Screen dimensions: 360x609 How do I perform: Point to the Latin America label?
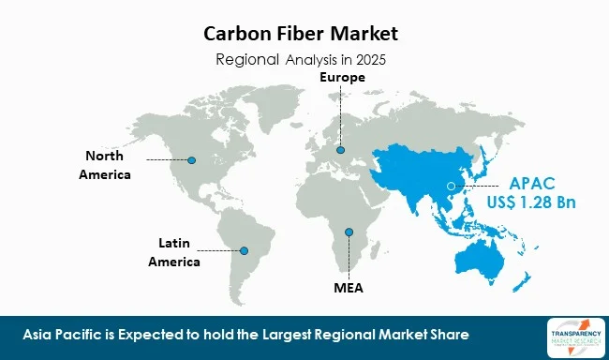click(174, 252)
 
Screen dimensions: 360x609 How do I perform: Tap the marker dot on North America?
click(191, 159)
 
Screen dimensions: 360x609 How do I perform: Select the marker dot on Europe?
click(341, 150)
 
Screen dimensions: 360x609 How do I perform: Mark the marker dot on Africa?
click(348, 232)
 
